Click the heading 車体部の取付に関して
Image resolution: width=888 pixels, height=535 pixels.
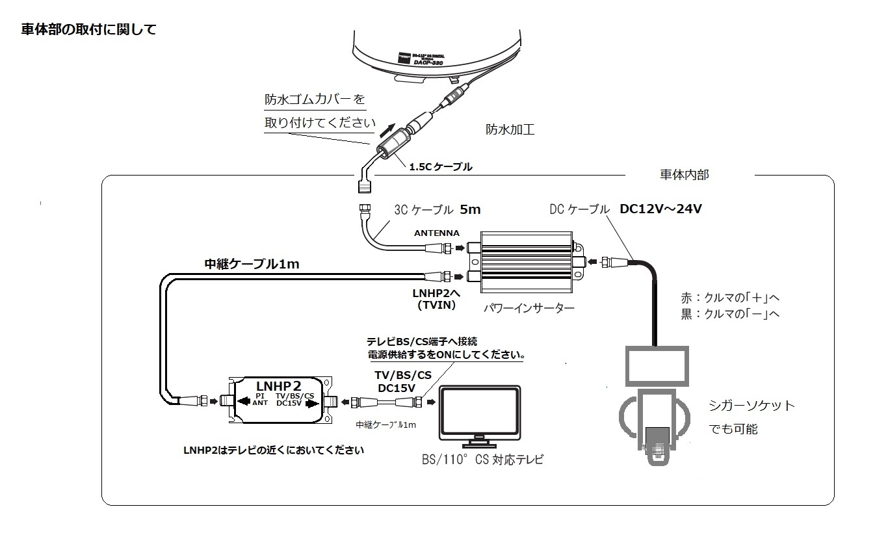(88, 30)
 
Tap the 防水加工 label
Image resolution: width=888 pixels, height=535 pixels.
(510, 129)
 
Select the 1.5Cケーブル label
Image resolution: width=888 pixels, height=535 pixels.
(440, 167)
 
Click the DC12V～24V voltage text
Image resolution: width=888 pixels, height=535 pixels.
(660, 209)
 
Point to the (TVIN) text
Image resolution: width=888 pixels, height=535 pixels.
(436, 304)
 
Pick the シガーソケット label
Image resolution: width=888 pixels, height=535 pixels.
(751, 406)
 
